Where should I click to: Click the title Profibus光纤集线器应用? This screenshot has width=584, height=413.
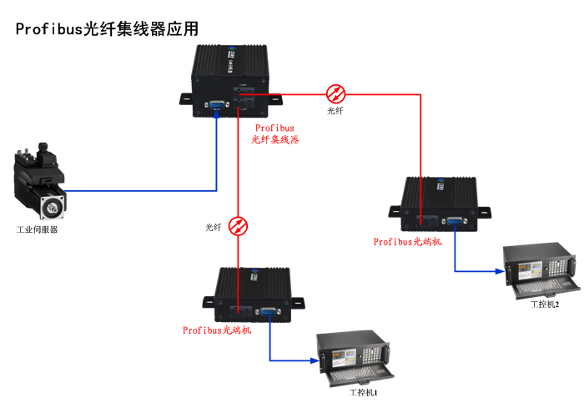108,28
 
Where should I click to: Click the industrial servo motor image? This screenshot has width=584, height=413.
40,182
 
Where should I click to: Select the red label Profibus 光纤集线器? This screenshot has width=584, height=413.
275,134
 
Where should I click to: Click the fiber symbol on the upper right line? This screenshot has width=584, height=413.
335,93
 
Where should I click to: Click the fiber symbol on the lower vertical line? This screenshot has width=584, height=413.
239,226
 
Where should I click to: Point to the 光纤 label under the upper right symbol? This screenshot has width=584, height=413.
335,111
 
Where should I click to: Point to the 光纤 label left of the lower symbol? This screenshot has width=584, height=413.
214,227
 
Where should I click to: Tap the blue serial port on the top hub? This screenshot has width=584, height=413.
217,104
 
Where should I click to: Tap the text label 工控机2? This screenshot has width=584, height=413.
545,304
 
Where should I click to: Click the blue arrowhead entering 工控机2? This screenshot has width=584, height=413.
503,270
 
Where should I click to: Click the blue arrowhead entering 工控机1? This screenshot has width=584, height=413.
319,360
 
